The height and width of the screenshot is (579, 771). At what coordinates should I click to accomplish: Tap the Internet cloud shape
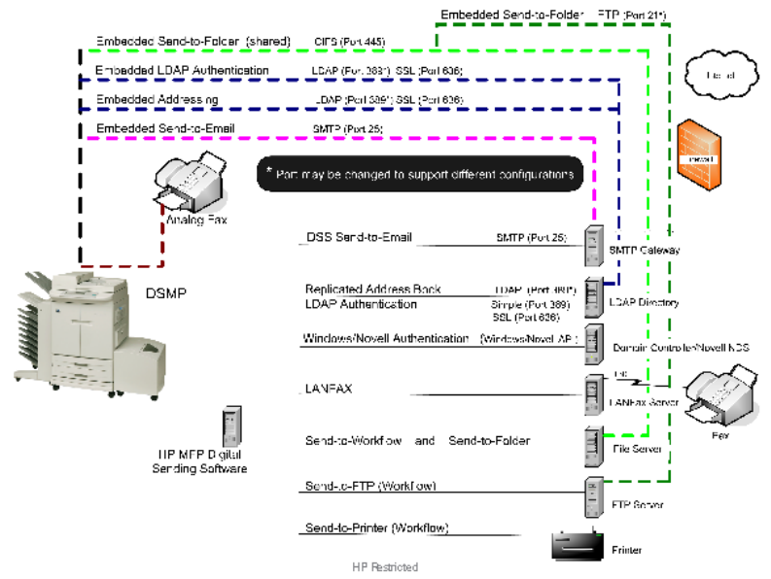coord(718,74)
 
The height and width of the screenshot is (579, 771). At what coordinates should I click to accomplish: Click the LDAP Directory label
coord(645,303)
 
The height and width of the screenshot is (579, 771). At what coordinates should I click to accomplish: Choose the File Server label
coord(638,449)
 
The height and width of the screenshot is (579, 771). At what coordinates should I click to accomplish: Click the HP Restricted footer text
coord(385,566)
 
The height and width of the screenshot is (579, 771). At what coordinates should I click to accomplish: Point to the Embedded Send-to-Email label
coord(165,128)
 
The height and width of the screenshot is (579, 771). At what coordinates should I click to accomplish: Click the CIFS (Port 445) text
coord(349,43)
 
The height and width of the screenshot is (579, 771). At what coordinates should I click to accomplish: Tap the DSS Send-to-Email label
coord(360,237)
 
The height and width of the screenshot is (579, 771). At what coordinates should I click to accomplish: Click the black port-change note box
coord(420,175)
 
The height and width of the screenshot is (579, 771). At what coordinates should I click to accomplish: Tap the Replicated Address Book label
coord(372,289)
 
